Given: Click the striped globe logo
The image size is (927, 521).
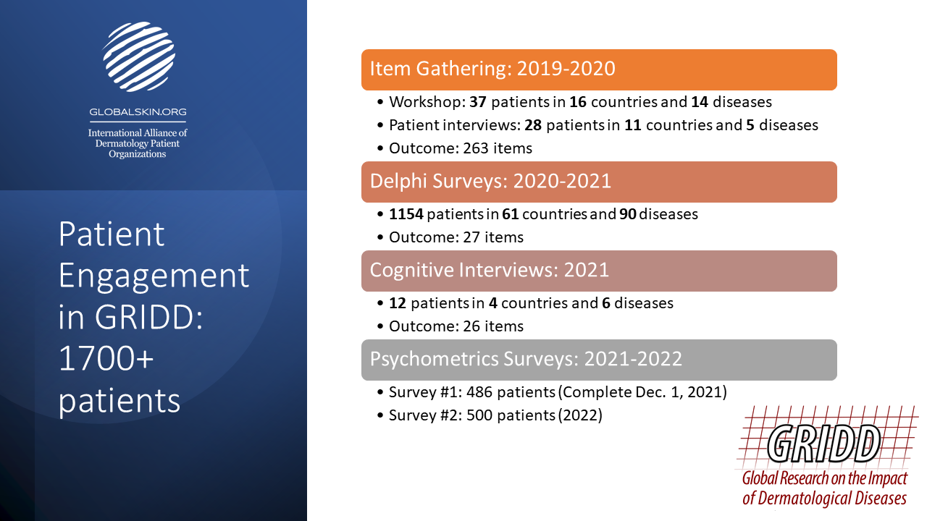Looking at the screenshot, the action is point(138,56).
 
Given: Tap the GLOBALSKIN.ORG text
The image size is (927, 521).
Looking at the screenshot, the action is point(138,112).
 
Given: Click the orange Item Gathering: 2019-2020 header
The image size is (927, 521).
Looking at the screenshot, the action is point(599,69).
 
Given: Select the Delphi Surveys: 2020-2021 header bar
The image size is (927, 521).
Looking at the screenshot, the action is point(599,182).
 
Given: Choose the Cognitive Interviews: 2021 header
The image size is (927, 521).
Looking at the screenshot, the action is point(599,271).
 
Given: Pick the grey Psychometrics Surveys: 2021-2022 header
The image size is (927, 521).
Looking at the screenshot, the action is point(599,360).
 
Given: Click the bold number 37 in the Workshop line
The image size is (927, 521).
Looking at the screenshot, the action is point(477,102).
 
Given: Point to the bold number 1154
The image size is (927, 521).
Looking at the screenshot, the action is point(406,214).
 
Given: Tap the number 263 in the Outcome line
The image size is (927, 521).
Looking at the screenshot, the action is point(476,148).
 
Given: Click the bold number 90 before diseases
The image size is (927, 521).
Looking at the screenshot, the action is point(627,214).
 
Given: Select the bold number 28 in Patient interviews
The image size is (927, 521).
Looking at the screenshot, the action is point(533,125).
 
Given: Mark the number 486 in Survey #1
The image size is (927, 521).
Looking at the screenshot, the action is point(479,392).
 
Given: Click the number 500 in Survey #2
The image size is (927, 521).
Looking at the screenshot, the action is point(479,415).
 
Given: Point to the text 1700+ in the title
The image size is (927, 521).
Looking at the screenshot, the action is point(106,358).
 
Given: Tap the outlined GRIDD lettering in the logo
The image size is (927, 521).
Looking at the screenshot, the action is point(823,444).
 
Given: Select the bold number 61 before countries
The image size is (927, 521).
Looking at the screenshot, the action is point(511,214).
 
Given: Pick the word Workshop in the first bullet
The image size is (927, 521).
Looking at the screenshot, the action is point(427,102).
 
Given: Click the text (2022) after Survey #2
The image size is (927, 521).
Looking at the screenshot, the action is point(580,415).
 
